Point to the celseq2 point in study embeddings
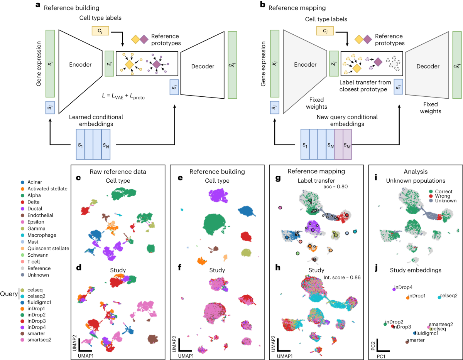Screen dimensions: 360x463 439,297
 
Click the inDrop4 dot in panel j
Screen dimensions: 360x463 394,289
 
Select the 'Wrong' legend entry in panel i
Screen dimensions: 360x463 441,196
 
